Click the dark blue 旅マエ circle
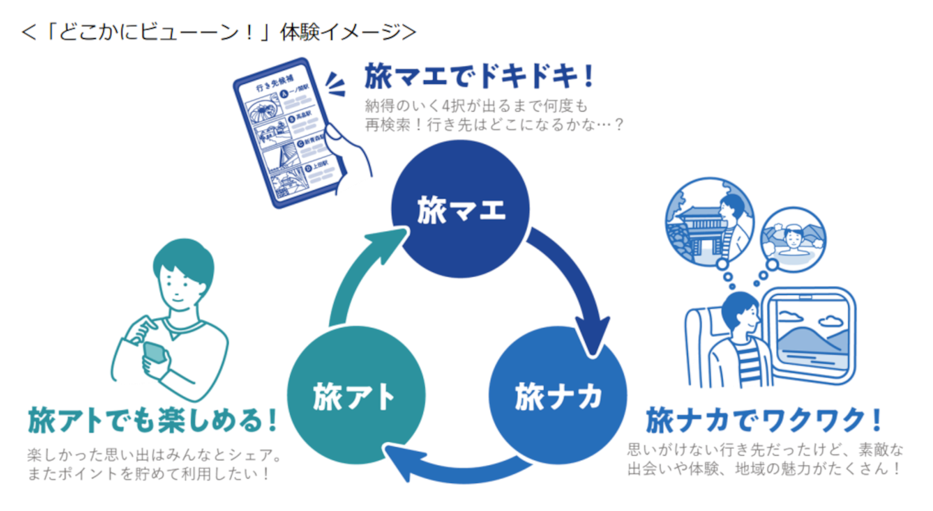pyautogui.click(x=460, y=209)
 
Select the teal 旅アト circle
pyautogui.click(x=356, y=395)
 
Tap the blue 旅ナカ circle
pyautogui.click(x=557, y=395)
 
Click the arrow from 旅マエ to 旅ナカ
pyautogui.click(x=573, y=282)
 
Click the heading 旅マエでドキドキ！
pyautogui.click(x=479, y=76)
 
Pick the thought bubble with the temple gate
pyautogui.click(x=709, y=221)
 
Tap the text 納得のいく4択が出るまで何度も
pyautogui.click(x=476, y=106)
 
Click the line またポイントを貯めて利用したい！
pyautogui.click(x=149, y=474)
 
